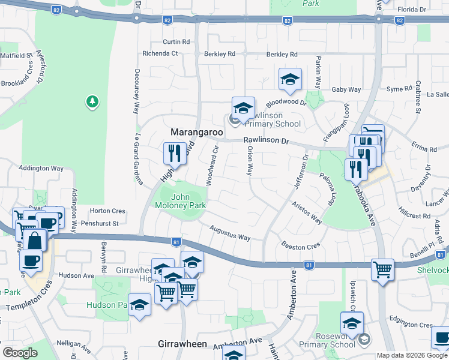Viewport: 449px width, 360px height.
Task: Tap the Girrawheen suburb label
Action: point(182,344)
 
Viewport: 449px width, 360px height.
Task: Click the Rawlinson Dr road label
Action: point(266,142)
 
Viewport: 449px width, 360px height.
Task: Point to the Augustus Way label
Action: point(230,233)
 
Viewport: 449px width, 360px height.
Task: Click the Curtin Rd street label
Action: point(176,42)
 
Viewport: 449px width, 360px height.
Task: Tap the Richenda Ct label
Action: point(160,53)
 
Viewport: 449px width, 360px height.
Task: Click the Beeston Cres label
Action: point(301,246)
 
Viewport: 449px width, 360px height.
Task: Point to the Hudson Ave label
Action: point(76,275)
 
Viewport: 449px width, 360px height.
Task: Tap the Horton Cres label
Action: point(107,211)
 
